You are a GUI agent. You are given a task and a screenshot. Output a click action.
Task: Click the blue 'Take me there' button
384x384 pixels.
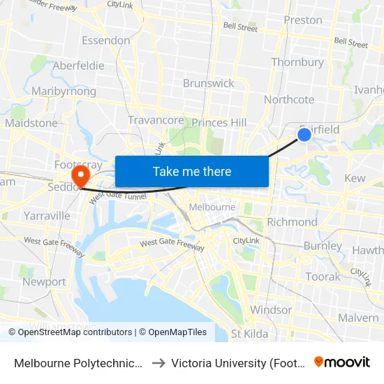coord(192,171)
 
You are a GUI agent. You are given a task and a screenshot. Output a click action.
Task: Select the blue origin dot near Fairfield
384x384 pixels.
coord(304,135)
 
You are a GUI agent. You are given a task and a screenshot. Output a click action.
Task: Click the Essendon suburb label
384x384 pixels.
coord(105,40)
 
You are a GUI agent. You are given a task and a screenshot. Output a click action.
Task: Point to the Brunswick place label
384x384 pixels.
coord(208,83)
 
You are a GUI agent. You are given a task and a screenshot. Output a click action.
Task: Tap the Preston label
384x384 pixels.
coord(303,20)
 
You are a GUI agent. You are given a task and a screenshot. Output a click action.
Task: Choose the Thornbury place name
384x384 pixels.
coord(297,62)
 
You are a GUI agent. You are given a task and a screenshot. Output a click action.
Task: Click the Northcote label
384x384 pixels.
coord(289,100)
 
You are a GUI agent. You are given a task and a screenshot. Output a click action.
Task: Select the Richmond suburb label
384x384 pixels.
coord(292,222)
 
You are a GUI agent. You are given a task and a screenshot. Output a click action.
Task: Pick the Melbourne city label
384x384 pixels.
coord(212,207)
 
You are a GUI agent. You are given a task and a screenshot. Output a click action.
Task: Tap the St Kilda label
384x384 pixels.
coord(249,334)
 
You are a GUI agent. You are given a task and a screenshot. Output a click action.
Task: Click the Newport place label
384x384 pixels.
coord(44,282)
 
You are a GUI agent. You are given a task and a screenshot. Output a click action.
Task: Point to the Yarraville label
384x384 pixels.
coord(47,216)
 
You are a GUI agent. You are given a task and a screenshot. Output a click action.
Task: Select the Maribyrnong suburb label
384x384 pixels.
coord(64,91)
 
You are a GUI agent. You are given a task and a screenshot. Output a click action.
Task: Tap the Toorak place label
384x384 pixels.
coord(323,276)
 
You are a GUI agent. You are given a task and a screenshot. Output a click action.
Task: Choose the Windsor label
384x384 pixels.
coord(271,310)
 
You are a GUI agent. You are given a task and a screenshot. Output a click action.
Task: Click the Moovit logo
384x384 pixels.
coord(342,362)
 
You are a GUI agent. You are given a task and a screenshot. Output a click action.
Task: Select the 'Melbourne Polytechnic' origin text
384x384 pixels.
coord(79,362)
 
